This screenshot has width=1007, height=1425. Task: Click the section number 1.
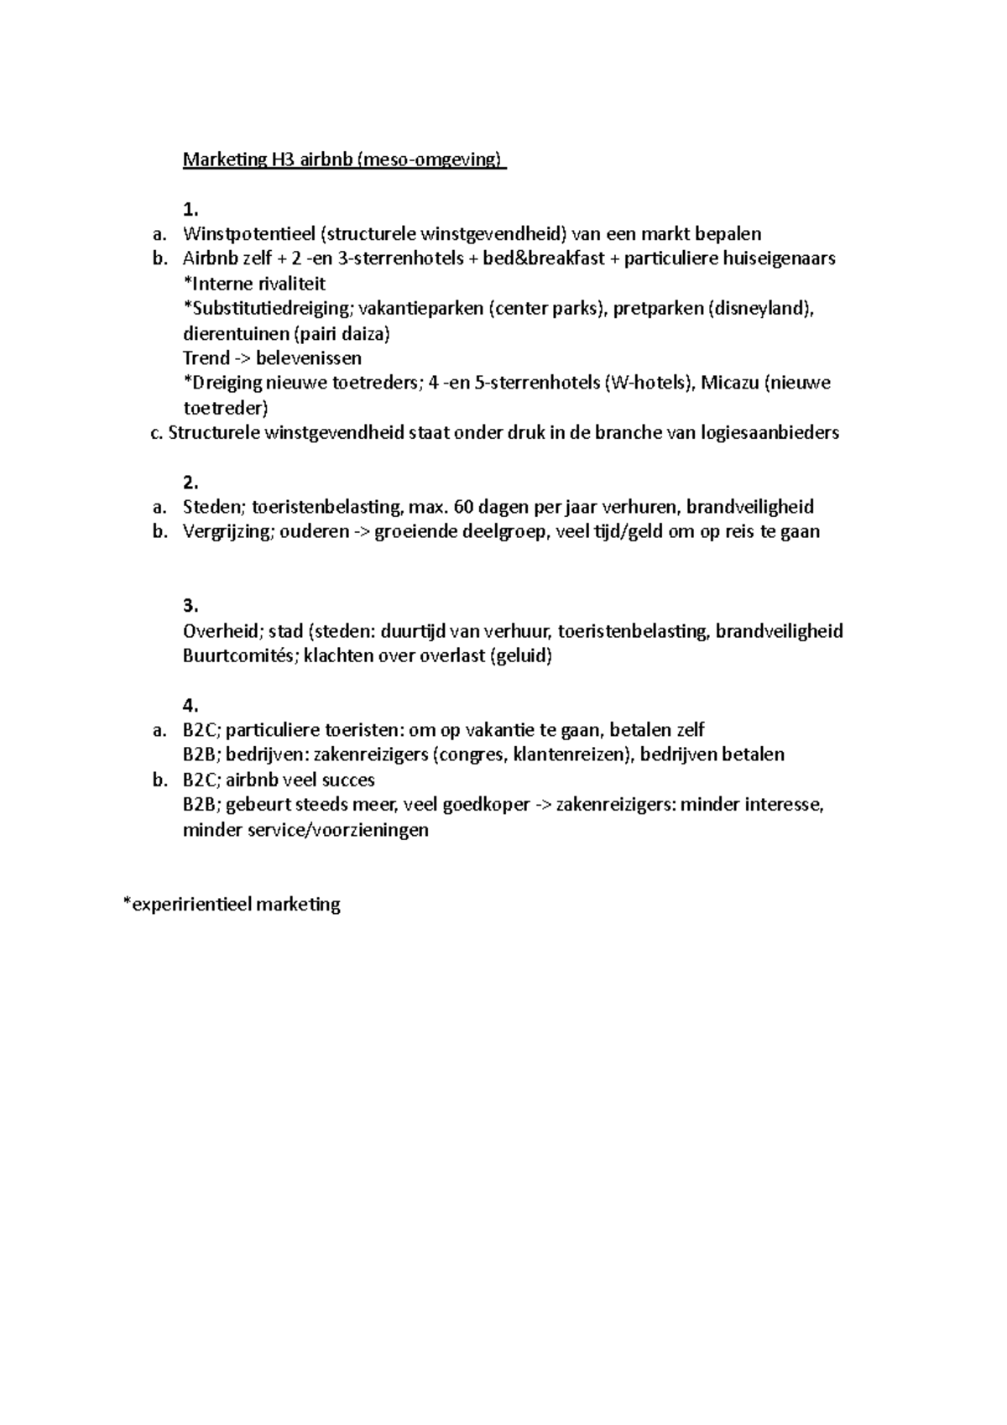coord(190,209)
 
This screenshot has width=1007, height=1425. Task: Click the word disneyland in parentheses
coord(760,308)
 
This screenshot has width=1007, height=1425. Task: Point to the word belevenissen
coord(309,358)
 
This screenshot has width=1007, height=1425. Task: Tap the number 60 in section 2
coord(464,507)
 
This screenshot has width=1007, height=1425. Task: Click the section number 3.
coord(190,606)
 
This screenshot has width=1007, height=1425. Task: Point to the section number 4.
coord(190,705)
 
